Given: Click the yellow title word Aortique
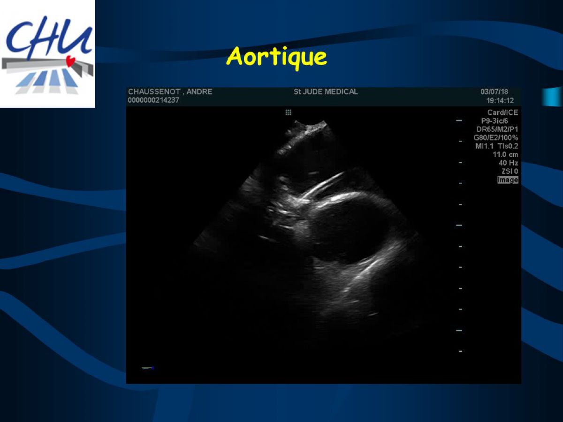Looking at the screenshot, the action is click(x=276, y=58).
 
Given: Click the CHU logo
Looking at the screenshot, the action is click(x=47, y=54).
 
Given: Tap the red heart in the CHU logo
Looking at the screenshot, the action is click(x=70, y=61).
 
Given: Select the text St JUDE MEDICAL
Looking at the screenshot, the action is click(x=326, y=92).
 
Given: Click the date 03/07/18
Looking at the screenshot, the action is click(x=494, y=92).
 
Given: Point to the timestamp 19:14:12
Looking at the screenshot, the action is click(x=500, y=101).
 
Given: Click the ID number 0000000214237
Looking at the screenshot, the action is click(x=153, y=100).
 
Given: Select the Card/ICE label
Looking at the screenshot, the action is click(x=502, y=113).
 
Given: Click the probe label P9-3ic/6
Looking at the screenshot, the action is click(x=495, y=121).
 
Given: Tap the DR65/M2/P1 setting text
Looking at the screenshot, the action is click(x=497, y=129).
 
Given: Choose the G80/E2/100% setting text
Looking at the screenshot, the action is click(x=496, y=138).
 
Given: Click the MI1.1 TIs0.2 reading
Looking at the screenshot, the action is click(x=496, y=146).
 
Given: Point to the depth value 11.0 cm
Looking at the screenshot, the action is click(x=505, y=155).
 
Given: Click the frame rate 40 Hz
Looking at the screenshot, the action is click(x=509, y=163).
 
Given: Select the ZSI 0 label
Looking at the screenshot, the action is click(x=510, y=171).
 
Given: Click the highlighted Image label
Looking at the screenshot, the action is click(x=508, y=180).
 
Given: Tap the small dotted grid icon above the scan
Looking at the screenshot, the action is click(x=288, y=112).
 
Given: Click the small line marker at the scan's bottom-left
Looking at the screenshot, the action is click(x=148, y=368).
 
